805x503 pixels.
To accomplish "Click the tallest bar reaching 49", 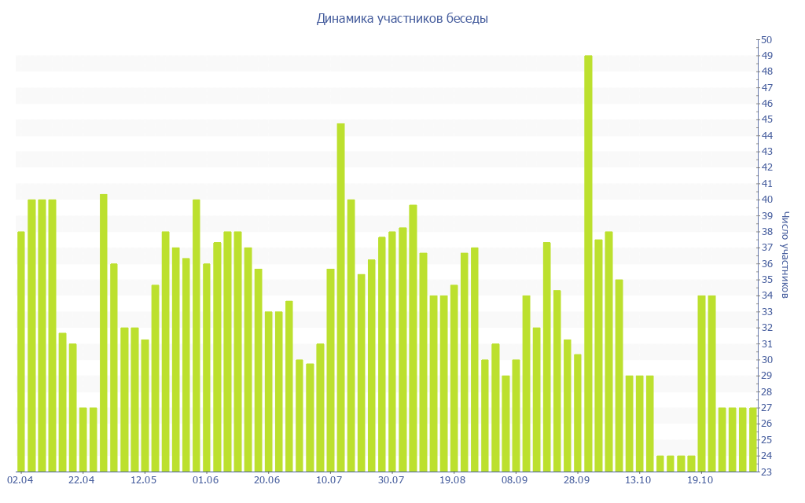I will coord(588,263).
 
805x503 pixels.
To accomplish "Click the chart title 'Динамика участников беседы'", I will coord(402,18).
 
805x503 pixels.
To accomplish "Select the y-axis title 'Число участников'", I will coord(787,255).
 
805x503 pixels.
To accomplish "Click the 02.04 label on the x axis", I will coord(20,479).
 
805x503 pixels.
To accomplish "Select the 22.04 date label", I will coord(82,479).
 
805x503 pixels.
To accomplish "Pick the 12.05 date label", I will coord(144,479).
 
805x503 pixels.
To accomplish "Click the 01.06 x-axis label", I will coord(205,479).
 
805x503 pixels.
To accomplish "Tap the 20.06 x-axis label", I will coord(267,479).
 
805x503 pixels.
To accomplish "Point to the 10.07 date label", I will coord(329,479).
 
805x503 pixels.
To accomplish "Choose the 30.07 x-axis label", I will coord(391,479).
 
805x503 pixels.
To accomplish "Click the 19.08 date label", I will coord(453,479).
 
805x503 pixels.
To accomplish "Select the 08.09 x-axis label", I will coord(515,479).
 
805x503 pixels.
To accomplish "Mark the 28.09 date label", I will coord(577,479).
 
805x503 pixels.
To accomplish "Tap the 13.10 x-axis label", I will coord(638,479).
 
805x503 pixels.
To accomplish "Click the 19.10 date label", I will coord(700,479).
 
